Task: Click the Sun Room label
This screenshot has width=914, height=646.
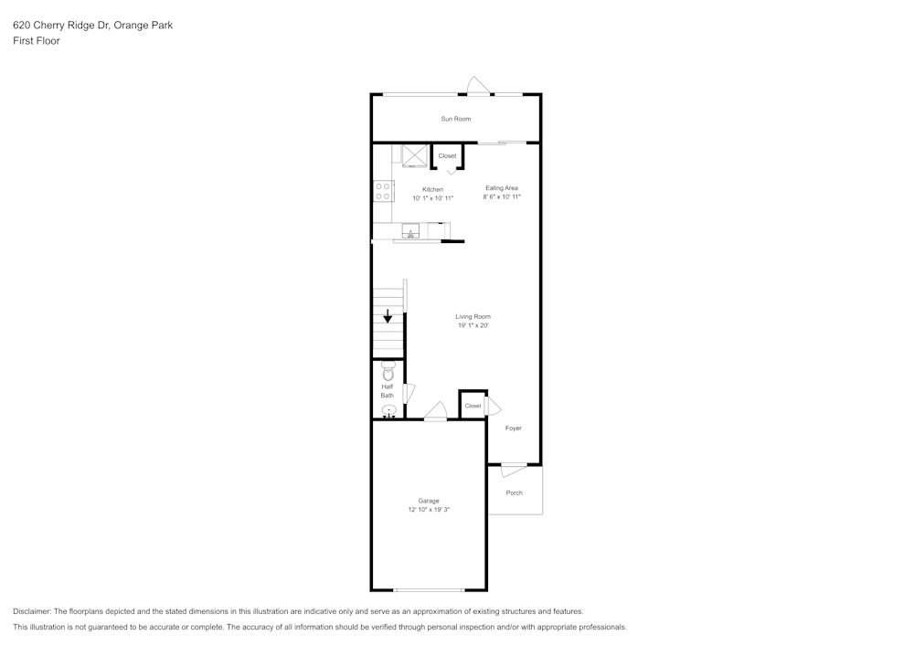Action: tap(455, 119)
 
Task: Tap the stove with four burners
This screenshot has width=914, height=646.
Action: tap(383, 191)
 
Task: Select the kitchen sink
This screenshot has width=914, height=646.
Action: tap(410, 230)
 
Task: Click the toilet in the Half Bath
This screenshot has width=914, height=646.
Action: tap(388, 372)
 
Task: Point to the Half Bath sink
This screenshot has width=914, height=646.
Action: tap(388, 411)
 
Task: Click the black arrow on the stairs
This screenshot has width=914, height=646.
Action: tap(388, 316)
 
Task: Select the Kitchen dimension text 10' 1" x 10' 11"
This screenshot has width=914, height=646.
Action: tap(432, 197)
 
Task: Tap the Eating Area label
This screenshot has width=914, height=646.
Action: tap(502, 188)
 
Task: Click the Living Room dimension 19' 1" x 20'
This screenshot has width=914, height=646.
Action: tap(473, 325)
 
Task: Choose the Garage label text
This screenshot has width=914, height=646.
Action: tap(429, 501)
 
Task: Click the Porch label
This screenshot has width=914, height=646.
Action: tap(515, 492)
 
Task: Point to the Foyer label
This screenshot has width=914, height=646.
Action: tap(514, 428)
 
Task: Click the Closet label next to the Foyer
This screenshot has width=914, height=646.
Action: tap(473, 406)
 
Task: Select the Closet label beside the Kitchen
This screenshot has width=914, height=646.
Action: tap(447, 156)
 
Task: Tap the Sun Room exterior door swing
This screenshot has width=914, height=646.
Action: tap(478, 85)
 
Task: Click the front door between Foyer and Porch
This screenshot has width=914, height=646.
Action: tap(513, 470)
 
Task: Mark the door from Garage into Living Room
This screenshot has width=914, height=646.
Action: tap(436, 413)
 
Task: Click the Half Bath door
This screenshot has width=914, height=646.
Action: tap(409, 393)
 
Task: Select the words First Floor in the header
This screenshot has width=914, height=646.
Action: tap(37, 41)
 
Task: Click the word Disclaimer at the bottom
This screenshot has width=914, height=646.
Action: tap(32, 611)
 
